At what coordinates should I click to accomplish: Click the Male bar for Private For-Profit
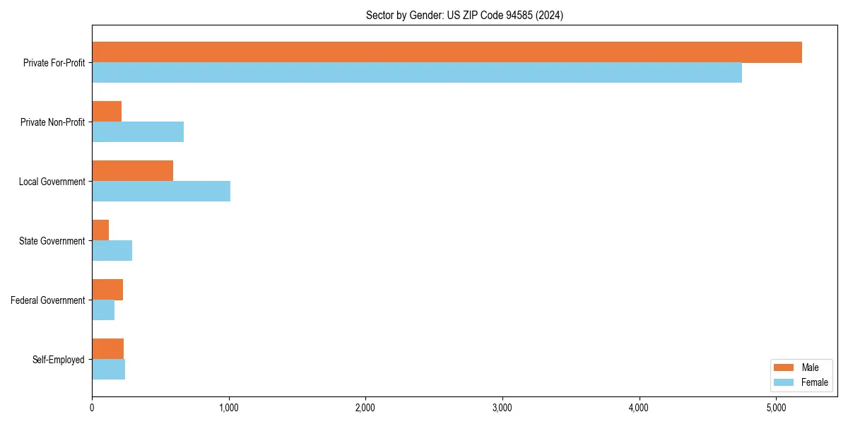(447, 52)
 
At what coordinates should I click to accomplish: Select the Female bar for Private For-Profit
(417, 73)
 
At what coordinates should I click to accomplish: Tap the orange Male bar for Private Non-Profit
(107, 112)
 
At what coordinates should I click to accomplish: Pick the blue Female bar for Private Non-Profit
(138, 132)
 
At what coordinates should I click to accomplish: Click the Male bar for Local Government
(132, 171)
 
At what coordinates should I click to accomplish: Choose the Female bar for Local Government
(161, 192)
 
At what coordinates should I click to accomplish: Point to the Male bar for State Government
(100, 230)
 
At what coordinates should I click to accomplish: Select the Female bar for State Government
(112, 251)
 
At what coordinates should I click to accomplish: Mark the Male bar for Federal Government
(107, 290)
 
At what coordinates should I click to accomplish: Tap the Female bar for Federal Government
(103, 310)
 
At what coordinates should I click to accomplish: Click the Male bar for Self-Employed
(107, 349)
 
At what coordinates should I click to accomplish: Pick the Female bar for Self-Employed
(108, 370)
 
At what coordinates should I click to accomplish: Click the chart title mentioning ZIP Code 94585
(464, 15)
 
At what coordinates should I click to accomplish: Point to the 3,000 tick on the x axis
(502, 408)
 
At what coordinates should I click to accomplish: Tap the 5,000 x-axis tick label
(776, 408)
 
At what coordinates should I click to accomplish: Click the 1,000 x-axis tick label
(228, 408)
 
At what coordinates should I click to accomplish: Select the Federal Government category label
(48, 300)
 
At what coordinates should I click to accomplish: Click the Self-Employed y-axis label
(58, 360)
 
